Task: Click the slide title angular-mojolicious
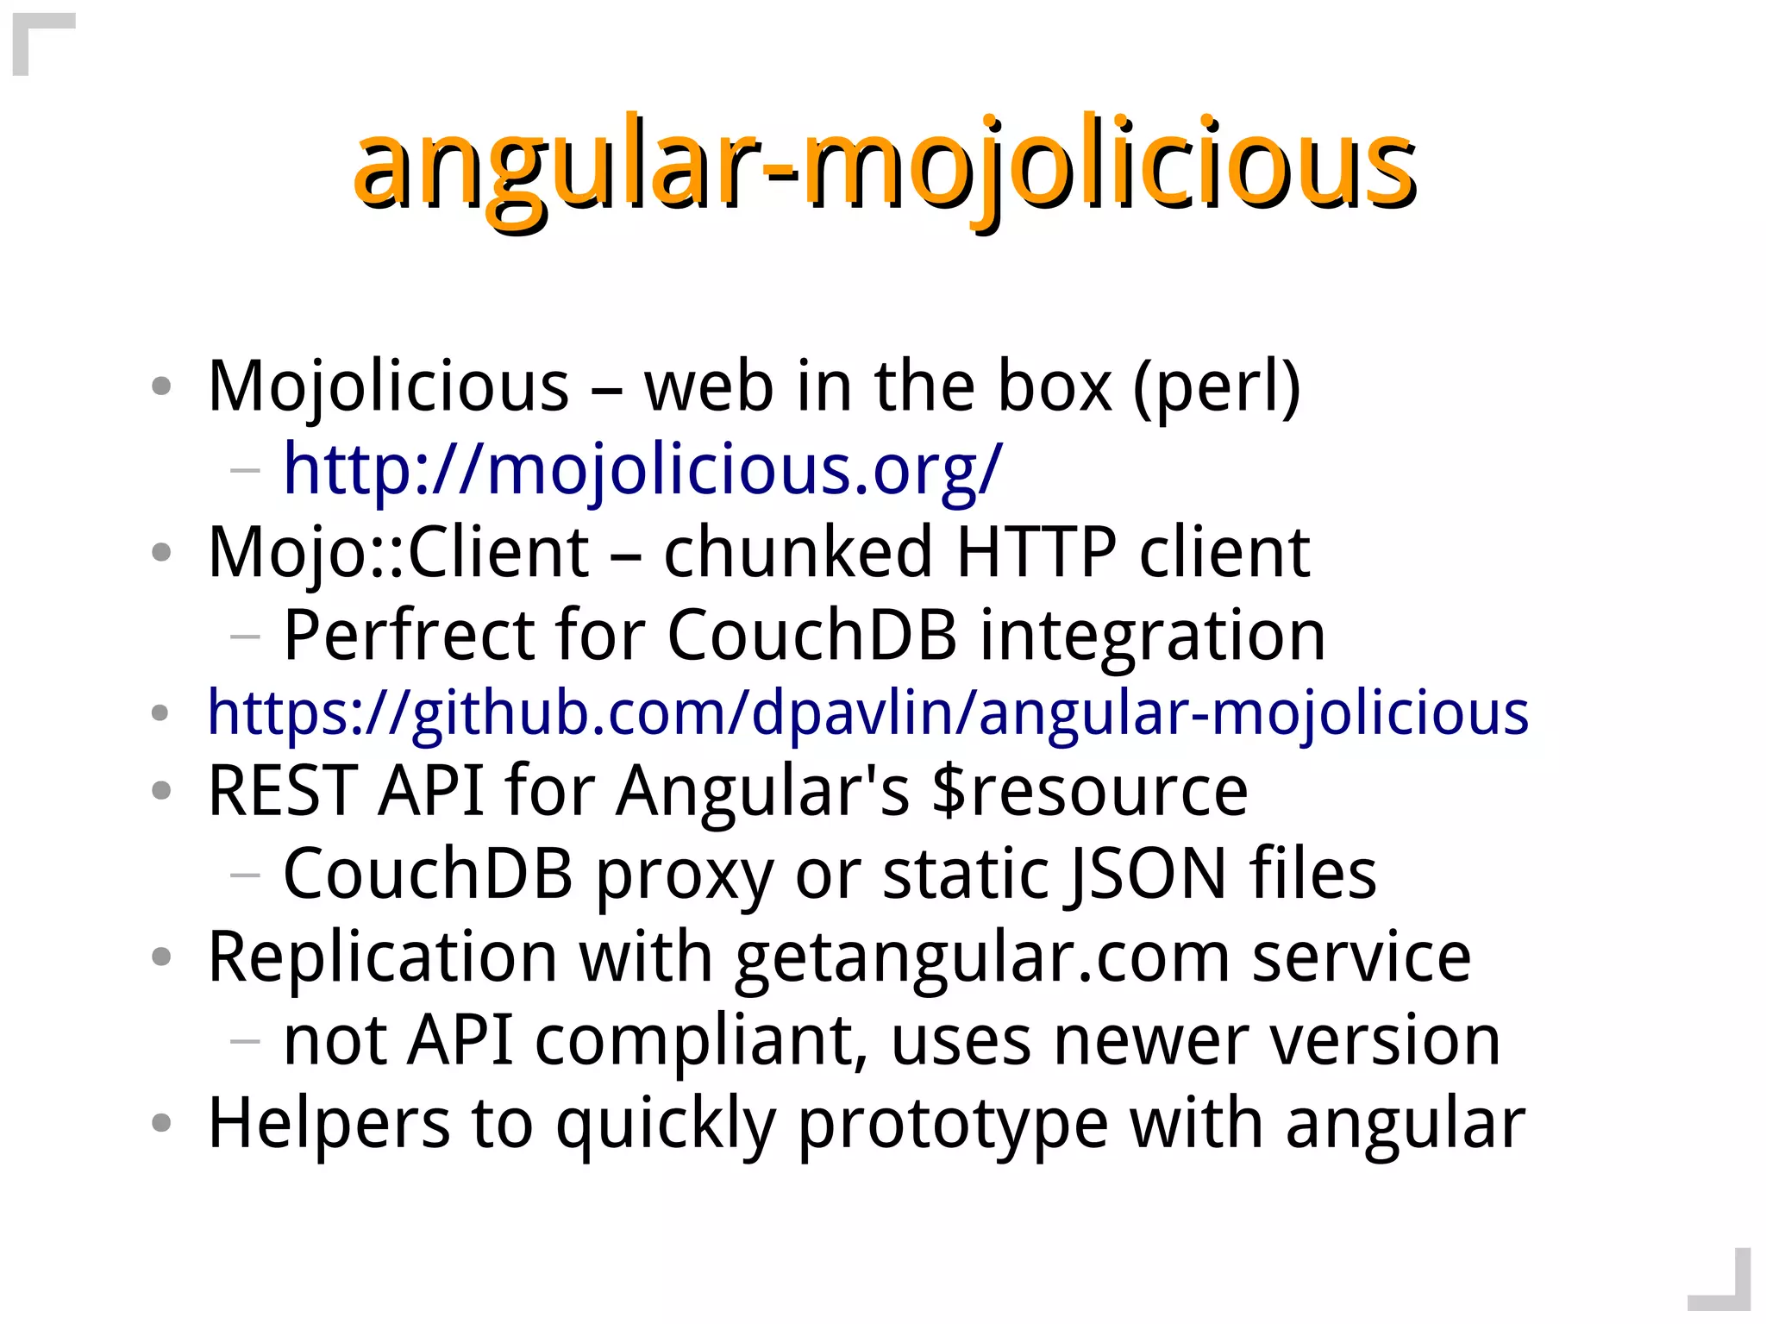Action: click(884, 164)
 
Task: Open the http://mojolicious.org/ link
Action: click(642, 470)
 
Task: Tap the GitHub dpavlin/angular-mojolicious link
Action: click(867, 713)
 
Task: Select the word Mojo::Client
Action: click(398, 552)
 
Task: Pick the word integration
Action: click(1153, 636)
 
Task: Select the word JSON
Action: click(1147, 874)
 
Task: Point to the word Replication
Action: click(383, 957)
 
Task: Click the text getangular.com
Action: click(982, 957)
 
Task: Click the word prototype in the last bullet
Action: click(953, 1123)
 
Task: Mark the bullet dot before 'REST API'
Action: click(160, 790)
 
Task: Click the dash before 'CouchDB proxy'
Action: click(245, 875)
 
